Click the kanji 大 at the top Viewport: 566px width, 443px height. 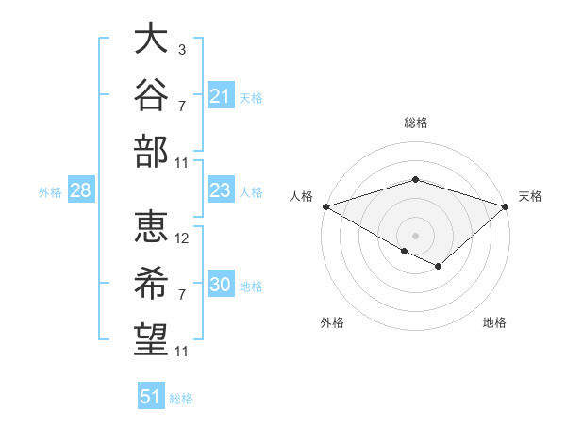point(151,38)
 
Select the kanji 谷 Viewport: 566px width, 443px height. point(151,94)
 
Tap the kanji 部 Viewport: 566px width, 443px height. point(151,152)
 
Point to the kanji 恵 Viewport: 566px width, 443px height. point(151,226)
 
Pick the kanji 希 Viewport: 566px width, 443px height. point(151,283)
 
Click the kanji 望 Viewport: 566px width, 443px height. point(151,339)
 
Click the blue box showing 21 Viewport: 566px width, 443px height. point(221,95)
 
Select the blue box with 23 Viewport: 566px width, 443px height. point(221,189)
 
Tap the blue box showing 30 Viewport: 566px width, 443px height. point(221,283)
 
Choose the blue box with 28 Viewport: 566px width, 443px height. point(81,189)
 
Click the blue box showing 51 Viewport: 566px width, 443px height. point(151,395)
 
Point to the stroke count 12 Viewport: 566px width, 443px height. point(181,238)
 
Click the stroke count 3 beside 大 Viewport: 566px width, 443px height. point(182,49)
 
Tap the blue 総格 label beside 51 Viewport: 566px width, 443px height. point(181,399)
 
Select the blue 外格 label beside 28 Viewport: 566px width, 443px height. point(50,192)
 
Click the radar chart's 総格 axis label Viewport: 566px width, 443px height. point(416,123)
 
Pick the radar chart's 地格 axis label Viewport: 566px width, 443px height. point(494,322)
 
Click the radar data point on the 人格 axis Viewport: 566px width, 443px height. point(326,206)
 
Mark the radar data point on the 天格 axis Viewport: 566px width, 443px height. point(506,206)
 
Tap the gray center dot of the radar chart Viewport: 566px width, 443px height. point(415,236)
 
